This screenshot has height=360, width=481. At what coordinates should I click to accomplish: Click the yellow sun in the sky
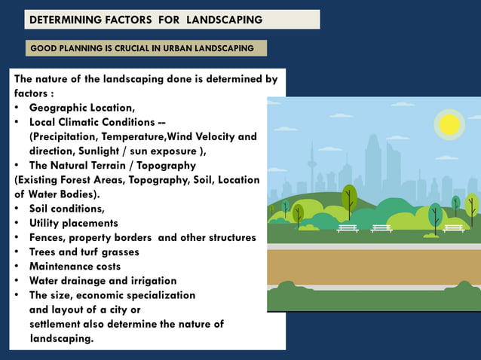[449, 124]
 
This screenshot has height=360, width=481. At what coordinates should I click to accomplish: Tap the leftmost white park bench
[348, 227]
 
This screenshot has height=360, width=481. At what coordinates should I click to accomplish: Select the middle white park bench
[381, 227]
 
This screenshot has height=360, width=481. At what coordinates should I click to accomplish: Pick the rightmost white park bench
[454, 227]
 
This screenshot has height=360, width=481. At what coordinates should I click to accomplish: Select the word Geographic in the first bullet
[60, 108]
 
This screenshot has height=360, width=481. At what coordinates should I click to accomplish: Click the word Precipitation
[69, 136]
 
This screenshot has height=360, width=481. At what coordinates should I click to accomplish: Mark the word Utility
[47, 223]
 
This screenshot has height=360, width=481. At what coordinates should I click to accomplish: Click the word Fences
[47, 237]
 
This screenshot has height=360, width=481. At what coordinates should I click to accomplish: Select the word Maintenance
[61, 266]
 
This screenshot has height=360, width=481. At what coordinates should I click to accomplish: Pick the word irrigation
[149, 280]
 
